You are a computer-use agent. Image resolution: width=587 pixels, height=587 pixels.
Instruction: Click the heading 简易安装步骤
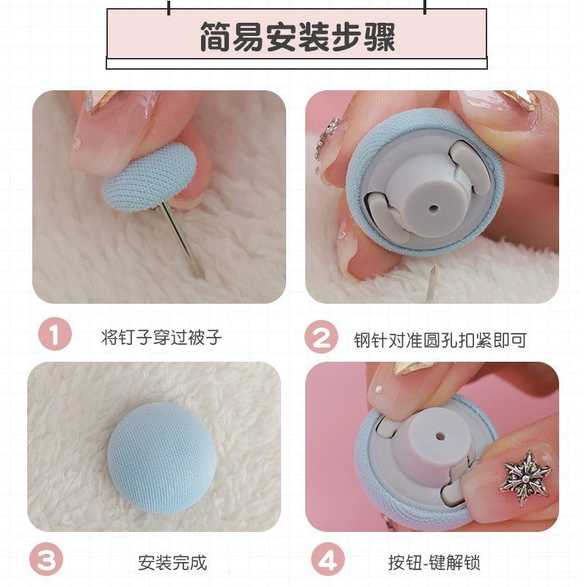click(x=296, y=37)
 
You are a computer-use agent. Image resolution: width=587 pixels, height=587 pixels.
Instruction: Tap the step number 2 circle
click(x=321, y=338)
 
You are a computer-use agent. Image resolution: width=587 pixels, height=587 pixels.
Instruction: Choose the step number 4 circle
click(x=327, y=561)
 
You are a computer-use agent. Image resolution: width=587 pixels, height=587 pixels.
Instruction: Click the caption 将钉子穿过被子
click(x=161, y=338)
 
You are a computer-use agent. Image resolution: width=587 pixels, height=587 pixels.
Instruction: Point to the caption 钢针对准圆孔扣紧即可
click(x=440, y=340)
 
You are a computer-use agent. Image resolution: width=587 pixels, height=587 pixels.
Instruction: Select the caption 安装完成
click(x=172, y=563)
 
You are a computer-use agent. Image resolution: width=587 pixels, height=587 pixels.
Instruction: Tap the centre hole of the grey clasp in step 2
click(x=434, y=209)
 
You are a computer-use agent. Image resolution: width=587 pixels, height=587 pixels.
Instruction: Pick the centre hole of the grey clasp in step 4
click(x=442, y=436)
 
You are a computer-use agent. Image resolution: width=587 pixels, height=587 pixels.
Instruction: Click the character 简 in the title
click(x=213, y=37)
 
